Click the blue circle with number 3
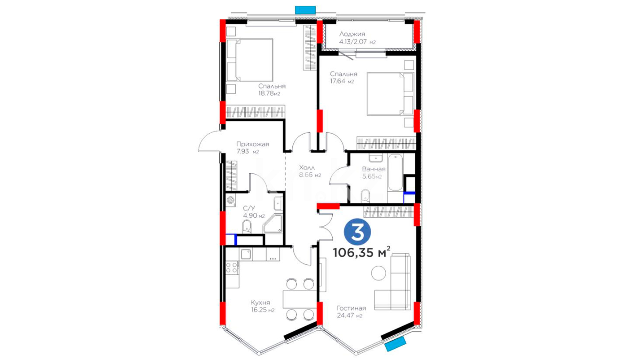(357, 232)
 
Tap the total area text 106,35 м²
(362, 252)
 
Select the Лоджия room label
(352, 34)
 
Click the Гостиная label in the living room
(351, 308)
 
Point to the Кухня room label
(260, 303)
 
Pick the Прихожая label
(253, 144)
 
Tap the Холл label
(307, 167)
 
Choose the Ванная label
(374, 169)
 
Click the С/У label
(249, 208)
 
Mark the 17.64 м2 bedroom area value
(342, 81)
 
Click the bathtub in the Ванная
(395, 172)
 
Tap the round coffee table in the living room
(379, 273)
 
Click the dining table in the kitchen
(299, 299)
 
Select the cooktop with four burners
(232, 268)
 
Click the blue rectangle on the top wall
(305, 10)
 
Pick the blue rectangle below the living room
(395, 344)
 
